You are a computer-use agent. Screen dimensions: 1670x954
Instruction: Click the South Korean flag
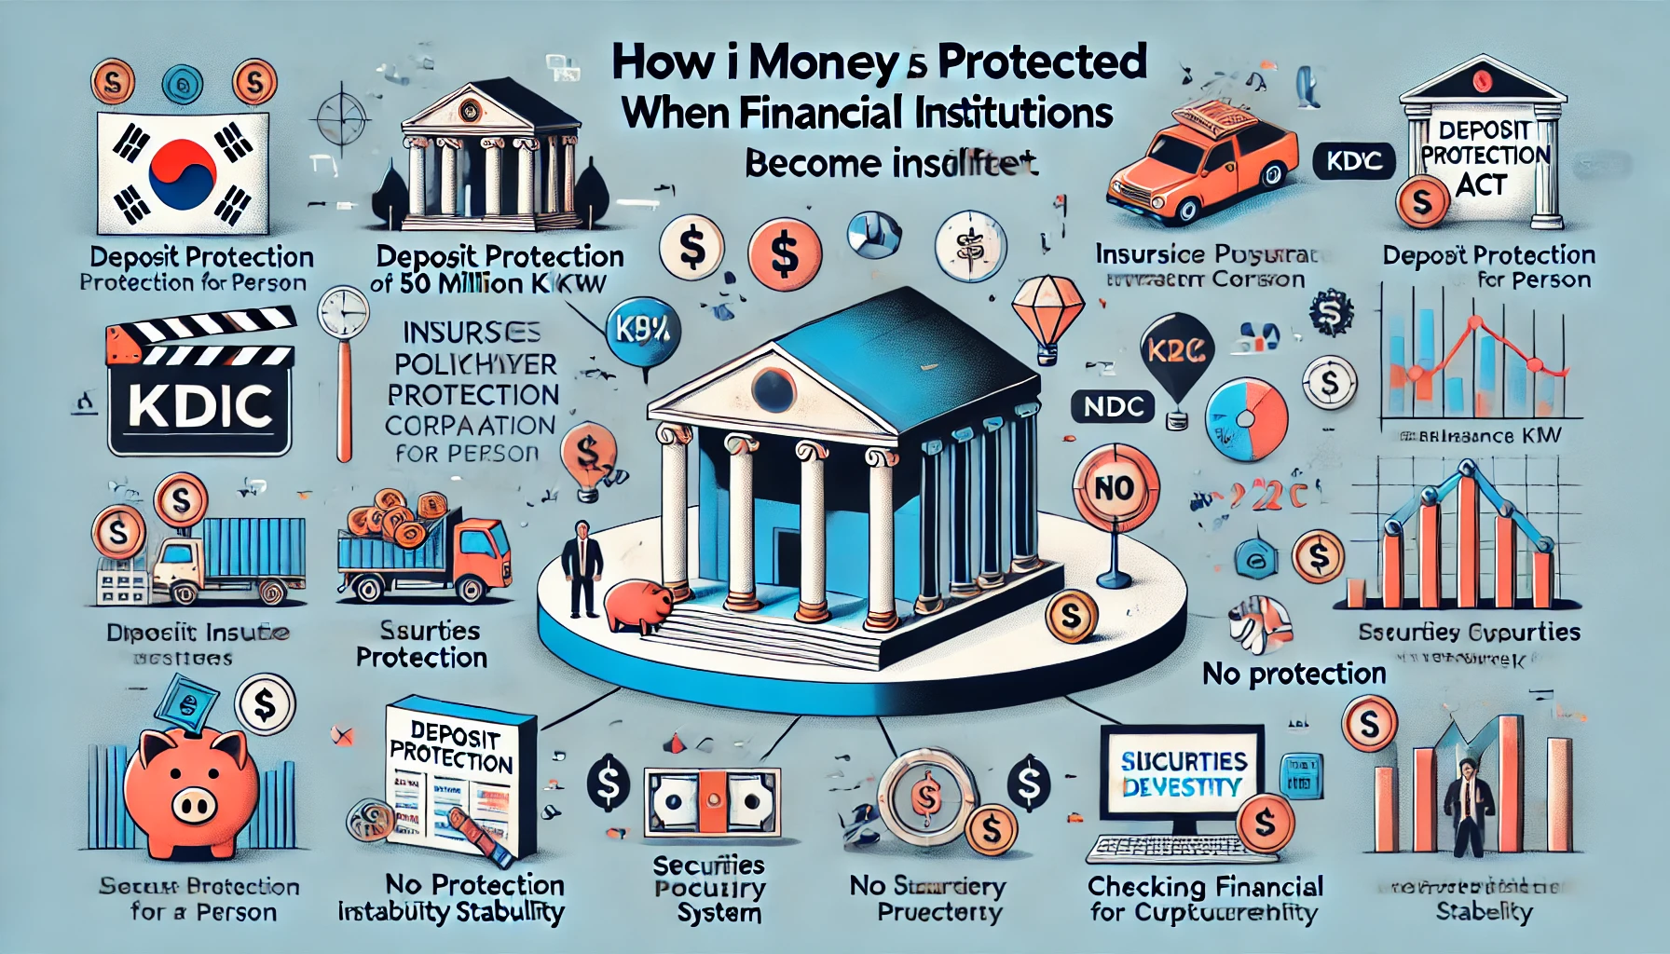(x=183, y=174)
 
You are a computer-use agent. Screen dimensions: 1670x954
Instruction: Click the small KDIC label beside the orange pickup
(x=1353, y=161)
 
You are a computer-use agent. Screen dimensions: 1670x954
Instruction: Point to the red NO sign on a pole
(x=1115, y=490)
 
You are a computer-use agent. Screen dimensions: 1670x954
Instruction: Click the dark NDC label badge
(x=1113, y=407)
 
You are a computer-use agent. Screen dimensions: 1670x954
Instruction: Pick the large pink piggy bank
(x=192, y=784)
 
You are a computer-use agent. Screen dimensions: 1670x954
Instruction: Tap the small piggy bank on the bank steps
(x=638, y=605)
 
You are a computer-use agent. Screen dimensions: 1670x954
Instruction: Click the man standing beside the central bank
(x=583, y=568)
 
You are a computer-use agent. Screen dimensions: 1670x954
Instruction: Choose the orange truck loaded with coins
(x=424, y=550)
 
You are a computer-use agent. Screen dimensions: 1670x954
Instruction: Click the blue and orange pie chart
(x=1246, y=419)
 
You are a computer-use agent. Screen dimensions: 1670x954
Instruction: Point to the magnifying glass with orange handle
(x=343, y=363)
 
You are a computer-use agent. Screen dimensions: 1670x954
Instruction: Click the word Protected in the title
(x=1042, y=62)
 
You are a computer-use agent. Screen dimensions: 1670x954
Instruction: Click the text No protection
(x=1294, y=673)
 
